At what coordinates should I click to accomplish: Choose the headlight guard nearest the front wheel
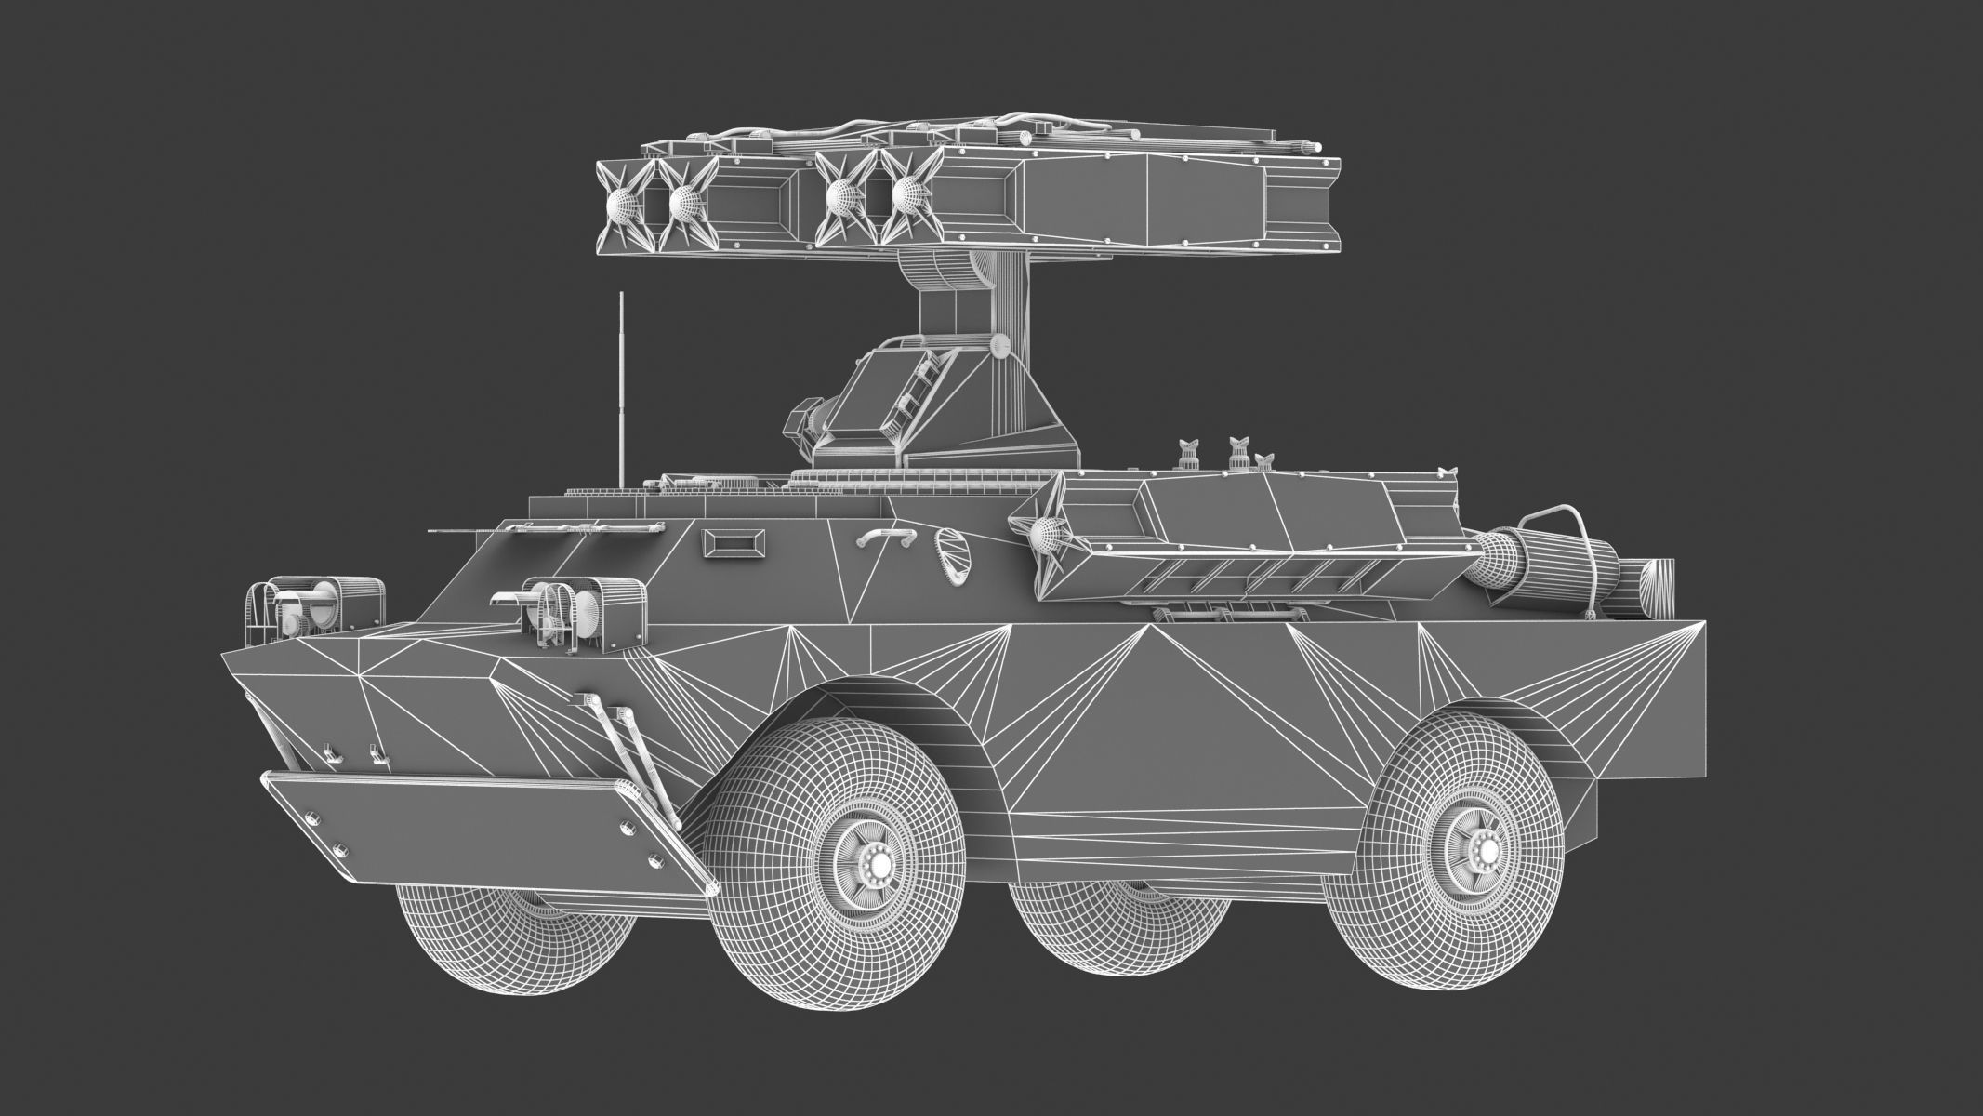[x=586, y=609]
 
